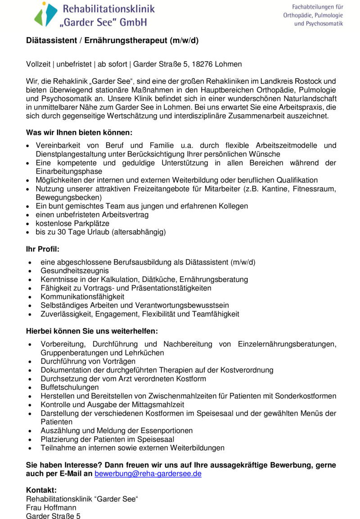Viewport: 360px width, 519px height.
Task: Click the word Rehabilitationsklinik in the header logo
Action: point(108,9)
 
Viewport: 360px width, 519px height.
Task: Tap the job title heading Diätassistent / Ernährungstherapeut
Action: point(112,40)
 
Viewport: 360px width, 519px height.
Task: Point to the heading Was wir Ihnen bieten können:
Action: point(79,133)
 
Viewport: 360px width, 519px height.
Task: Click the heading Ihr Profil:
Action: point(43,249)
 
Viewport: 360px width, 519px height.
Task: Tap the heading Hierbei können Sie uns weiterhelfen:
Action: point(92,331)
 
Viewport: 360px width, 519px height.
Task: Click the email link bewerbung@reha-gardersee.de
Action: point(148,474)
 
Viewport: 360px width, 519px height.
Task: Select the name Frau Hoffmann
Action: point(51,508)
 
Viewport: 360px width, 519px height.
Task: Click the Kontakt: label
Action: point(41,490)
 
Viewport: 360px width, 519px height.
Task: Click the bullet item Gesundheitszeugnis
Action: point(74,271)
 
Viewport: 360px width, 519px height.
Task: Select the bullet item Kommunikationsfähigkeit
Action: point(82,297)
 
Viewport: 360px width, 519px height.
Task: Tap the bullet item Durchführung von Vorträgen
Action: point(88,361)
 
